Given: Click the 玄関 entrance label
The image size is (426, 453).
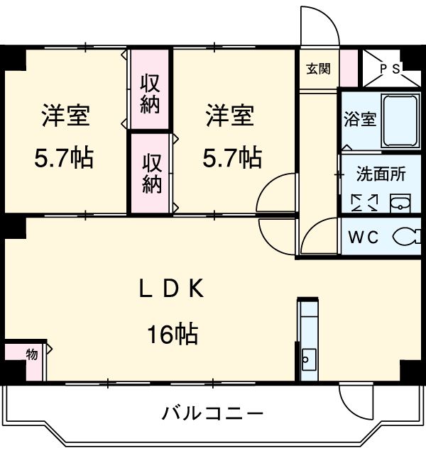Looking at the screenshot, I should (318, 69).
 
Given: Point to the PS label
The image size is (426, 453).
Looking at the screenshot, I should (389, 69).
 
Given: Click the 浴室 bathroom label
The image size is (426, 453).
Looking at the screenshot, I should (359, 119).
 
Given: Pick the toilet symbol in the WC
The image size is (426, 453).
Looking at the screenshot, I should (405, 236).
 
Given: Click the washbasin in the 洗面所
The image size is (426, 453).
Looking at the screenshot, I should (400, 203).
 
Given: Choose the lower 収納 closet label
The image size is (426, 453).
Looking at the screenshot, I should (150, 174).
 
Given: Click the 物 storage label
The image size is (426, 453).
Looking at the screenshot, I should (33, 354).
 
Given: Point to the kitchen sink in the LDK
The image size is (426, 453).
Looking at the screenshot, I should (308, 358).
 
